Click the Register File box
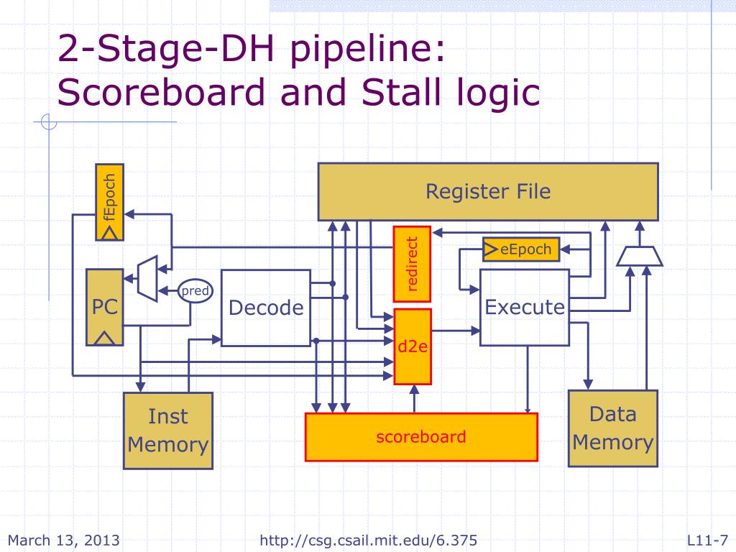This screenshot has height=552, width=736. pos(488,191)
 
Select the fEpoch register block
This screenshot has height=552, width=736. pos(109,202)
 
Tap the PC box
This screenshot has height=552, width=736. pos(105,308)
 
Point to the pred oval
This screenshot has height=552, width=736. pos(195,291)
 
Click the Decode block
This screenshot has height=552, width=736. pos(266,308)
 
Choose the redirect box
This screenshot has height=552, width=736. pos(412,264)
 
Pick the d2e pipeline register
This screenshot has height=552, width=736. pos(413,346)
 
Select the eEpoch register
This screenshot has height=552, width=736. pos(521,249)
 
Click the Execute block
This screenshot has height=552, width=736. pos(525,308)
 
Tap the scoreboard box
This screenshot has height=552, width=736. pos(421,437)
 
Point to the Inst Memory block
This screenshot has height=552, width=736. pos(168,431)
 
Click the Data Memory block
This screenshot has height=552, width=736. pos(613,428)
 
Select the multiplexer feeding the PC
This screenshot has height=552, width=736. pos(147,278)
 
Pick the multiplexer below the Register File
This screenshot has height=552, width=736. pos(639,257)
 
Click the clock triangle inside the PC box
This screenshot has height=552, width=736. pos(104,339)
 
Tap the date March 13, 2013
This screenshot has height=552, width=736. pos(64,540)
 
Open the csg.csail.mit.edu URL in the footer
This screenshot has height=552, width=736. pos(369,540)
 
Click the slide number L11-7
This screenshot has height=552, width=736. pos(708,540)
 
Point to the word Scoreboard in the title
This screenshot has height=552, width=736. pos(161,93)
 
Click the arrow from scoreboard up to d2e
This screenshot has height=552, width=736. pos(414,399)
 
